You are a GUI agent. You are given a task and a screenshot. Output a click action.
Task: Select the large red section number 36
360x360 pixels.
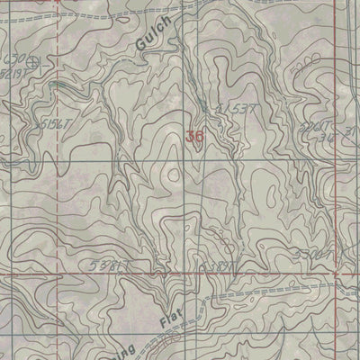pos(193,138)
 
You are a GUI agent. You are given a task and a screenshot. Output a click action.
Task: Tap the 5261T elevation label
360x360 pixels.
pos(316,128)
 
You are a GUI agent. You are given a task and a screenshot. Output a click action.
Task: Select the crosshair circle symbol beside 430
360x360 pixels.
pos(37,63)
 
